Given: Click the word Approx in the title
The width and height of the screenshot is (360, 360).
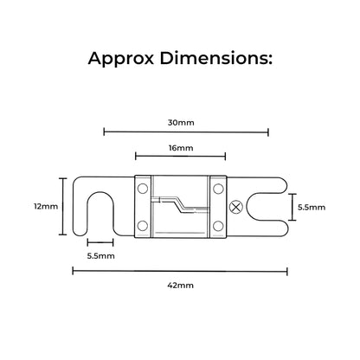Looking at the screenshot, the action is click(121, 59).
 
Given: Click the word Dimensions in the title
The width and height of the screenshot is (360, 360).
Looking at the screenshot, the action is click(216, 58).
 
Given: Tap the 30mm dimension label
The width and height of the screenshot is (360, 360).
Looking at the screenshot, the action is click(181, 123).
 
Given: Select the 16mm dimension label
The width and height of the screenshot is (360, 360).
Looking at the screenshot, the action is click(181, 148).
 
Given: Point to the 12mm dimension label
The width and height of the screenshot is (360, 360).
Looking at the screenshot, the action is click(46, 206).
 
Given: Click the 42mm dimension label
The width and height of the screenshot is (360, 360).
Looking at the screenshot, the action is click(181, 286).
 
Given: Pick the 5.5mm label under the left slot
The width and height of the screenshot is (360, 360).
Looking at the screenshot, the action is click(101, 256).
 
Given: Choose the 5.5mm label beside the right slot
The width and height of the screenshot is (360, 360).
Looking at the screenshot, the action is click(312, 208).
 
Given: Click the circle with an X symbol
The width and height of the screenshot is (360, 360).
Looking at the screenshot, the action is click(236, 207).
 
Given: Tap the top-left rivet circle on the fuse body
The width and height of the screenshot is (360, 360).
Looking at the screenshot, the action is click(143, 189).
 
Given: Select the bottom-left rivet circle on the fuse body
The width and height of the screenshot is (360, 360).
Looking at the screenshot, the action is click(143, 226).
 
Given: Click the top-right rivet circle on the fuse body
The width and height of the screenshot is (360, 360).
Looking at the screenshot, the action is click(218, 189).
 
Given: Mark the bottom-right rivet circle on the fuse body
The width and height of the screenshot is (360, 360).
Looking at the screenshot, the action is click(218, 226).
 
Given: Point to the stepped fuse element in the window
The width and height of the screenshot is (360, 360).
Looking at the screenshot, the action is click(180, 205).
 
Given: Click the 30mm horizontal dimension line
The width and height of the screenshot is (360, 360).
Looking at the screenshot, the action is click(186, 132).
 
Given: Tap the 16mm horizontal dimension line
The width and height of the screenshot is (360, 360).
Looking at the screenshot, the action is click(181, 157).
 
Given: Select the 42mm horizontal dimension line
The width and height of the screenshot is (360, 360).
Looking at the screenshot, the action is click(180, 271).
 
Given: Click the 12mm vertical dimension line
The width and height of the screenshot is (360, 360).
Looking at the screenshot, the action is click(63, 207).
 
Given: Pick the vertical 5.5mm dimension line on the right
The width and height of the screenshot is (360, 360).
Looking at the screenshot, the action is click(292, 207).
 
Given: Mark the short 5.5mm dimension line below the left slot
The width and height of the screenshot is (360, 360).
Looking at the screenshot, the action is click(100, 242).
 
